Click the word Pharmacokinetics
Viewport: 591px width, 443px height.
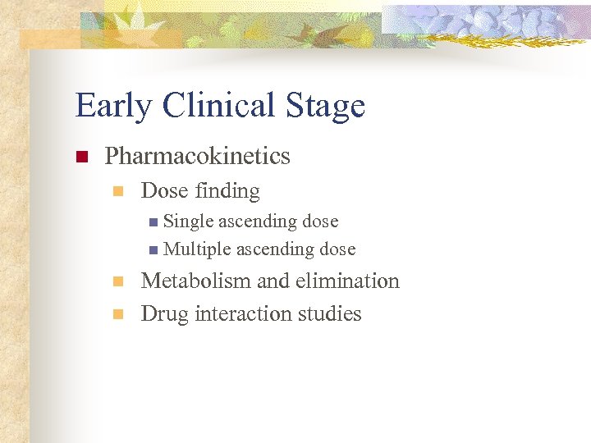click(x=198, y=156)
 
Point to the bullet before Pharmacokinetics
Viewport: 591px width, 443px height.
click(x=81, y=157)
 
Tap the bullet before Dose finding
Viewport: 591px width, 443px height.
click(x=117, y=192)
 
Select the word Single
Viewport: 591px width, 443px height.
click(x=189, y=221)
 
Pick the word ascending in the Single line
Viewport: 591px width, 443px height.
click(x=259, y=221)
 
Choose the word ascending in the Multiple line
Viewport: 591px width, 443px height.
click(x=276, y=249)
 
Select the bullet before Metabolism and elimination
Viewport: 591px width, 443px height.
click(x=117, y=281)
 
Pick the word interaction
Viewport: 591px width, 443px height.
click(x=244, y=313)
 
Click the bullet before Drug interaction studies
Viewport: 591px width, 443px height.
click(x=117, y=314)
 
